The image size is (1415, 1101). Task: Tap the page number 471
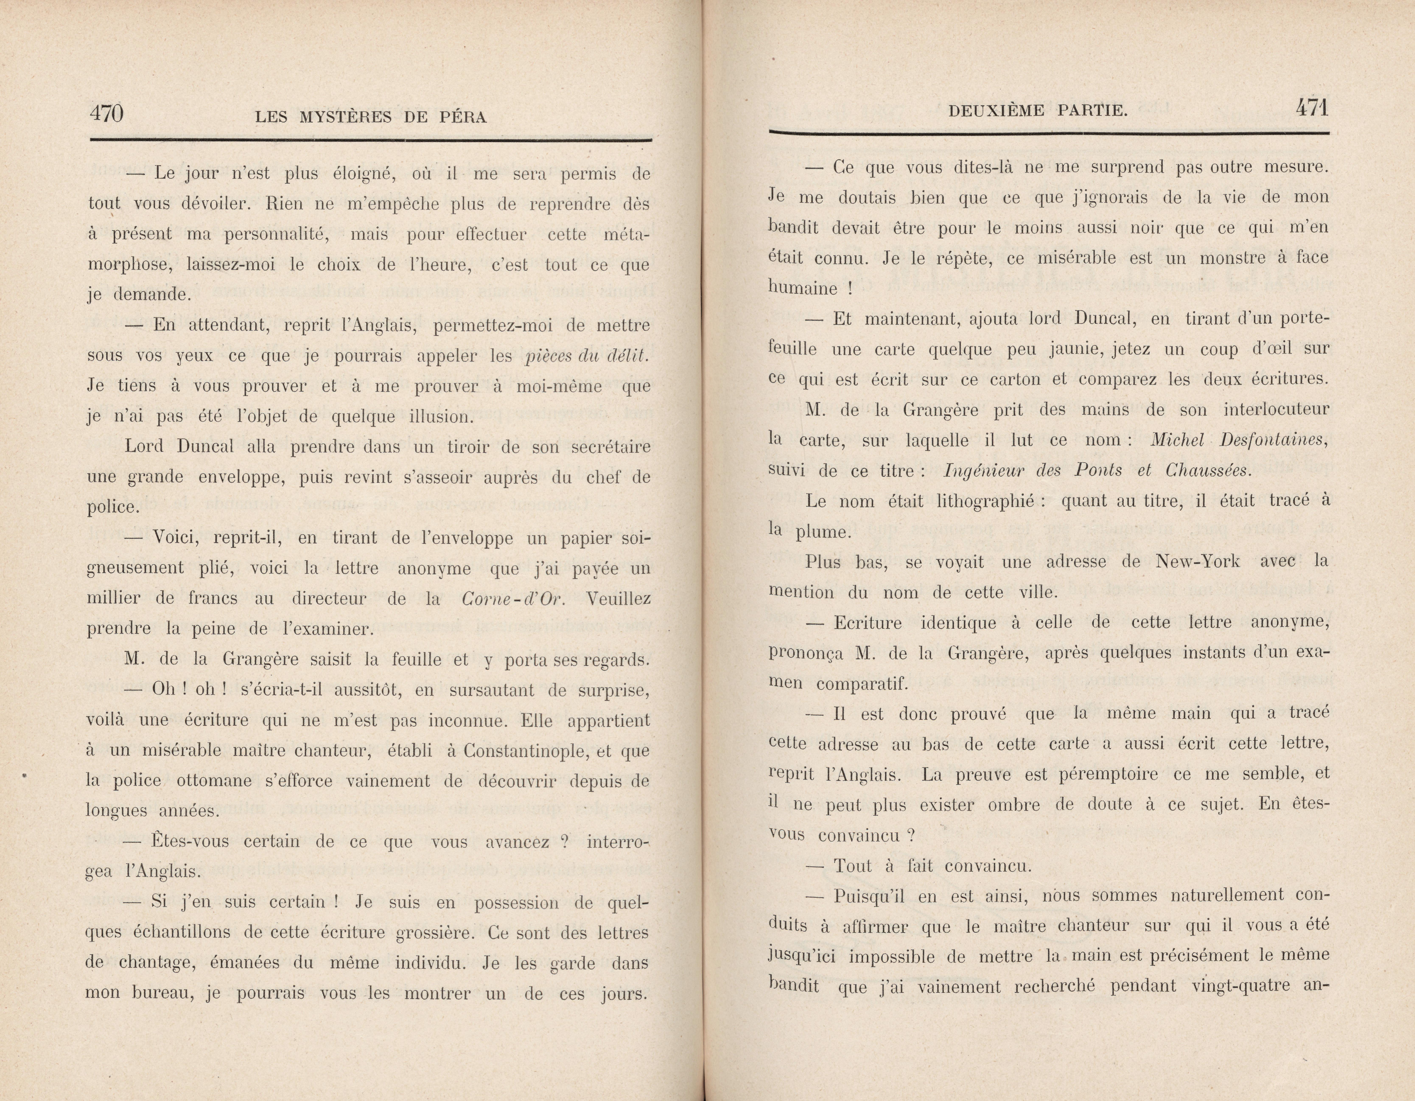pos(1312,108)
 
